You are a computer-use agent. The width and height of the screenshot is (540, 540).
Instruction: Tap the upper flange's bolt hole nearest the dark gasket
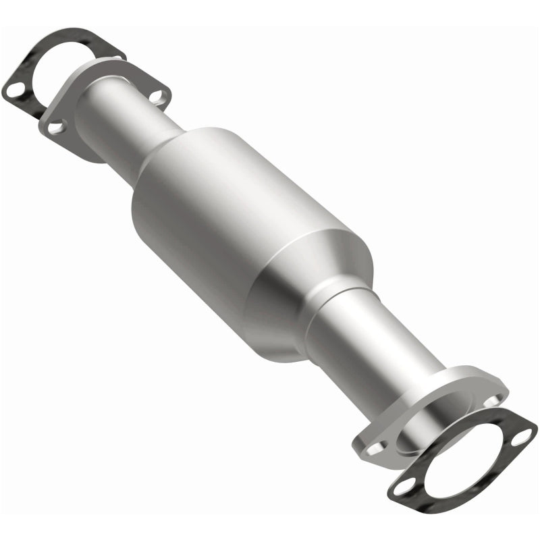click(x=56, y=126)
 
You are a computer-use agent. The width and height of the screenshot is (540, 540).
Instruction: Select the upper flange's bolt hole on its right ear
click(x=157, y=97)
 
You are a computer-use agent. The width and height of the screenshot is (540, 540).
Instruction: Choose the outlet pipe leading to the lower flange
click(x=378, y=351)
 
